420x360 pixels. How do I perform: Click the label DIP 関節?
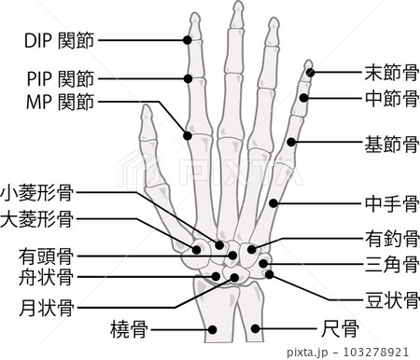59,40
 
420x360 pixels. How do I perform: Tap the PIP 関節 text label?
61,78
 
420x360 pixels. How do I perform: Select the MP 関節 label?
60,102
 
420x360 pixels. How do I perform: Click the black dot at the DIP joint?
188,40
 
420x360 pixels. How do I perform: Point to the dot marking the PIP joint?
188,78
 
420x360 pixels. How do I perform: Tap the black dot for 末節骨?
310,73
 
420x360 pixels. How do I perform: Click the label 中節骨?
392,98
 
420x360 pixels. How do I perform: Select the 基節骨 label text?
392,144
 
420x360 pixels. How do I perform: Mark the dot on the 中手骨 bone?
273,203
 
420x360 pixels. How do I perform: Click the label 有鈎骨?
392,239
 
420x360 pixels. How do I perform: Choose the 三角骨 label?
392,264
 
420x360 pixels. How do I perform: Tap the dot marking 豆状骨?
269,274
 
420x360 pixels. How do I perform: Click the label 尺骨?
340,328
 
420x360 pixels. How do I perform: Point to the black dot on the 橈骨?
212,329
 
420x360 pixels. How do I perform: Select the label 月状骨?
47,308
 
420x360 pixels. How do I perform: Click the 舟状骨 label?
47,277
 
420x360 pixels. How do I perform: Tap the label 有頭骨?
47,256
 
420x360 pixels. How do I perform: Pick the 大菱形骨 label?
37,219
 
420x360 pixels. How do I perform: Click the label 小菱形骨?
37,192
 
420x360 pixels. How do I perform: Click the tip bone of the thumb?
147,123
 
